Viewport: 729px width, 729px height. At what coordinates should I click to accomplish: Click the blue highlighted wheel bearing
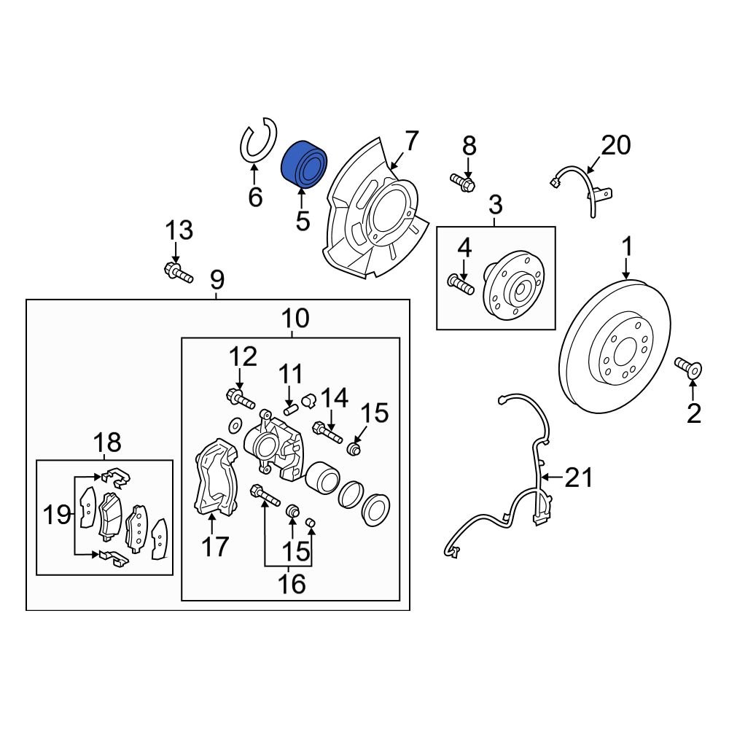tap(304, 165)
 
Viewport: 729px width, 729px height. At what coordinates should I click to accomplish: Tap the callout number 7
tap(412, 141)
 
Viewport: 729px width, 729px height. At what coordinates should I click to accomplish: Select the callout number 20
tap(615, 146)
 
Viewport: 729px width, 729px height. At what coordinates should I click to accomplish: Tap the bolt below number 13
tap(177, 273)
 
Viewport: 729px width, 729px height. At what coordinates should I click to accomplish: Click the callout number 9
tap(217, 279)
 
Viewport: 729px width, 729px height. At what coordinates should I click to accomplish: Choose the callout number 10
tap(295, 318)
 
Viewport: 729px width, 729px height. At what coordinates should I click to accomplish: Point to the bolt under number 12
tap(240, 399)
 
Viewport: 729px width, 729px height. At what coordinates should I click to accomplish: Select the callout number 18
tap(108, 441)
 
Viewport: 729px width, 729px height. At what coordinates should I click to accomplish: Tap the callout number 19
tap(57, 515)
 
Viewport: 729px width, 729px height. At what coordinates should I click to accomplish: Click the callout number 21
tap(580, 478)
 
